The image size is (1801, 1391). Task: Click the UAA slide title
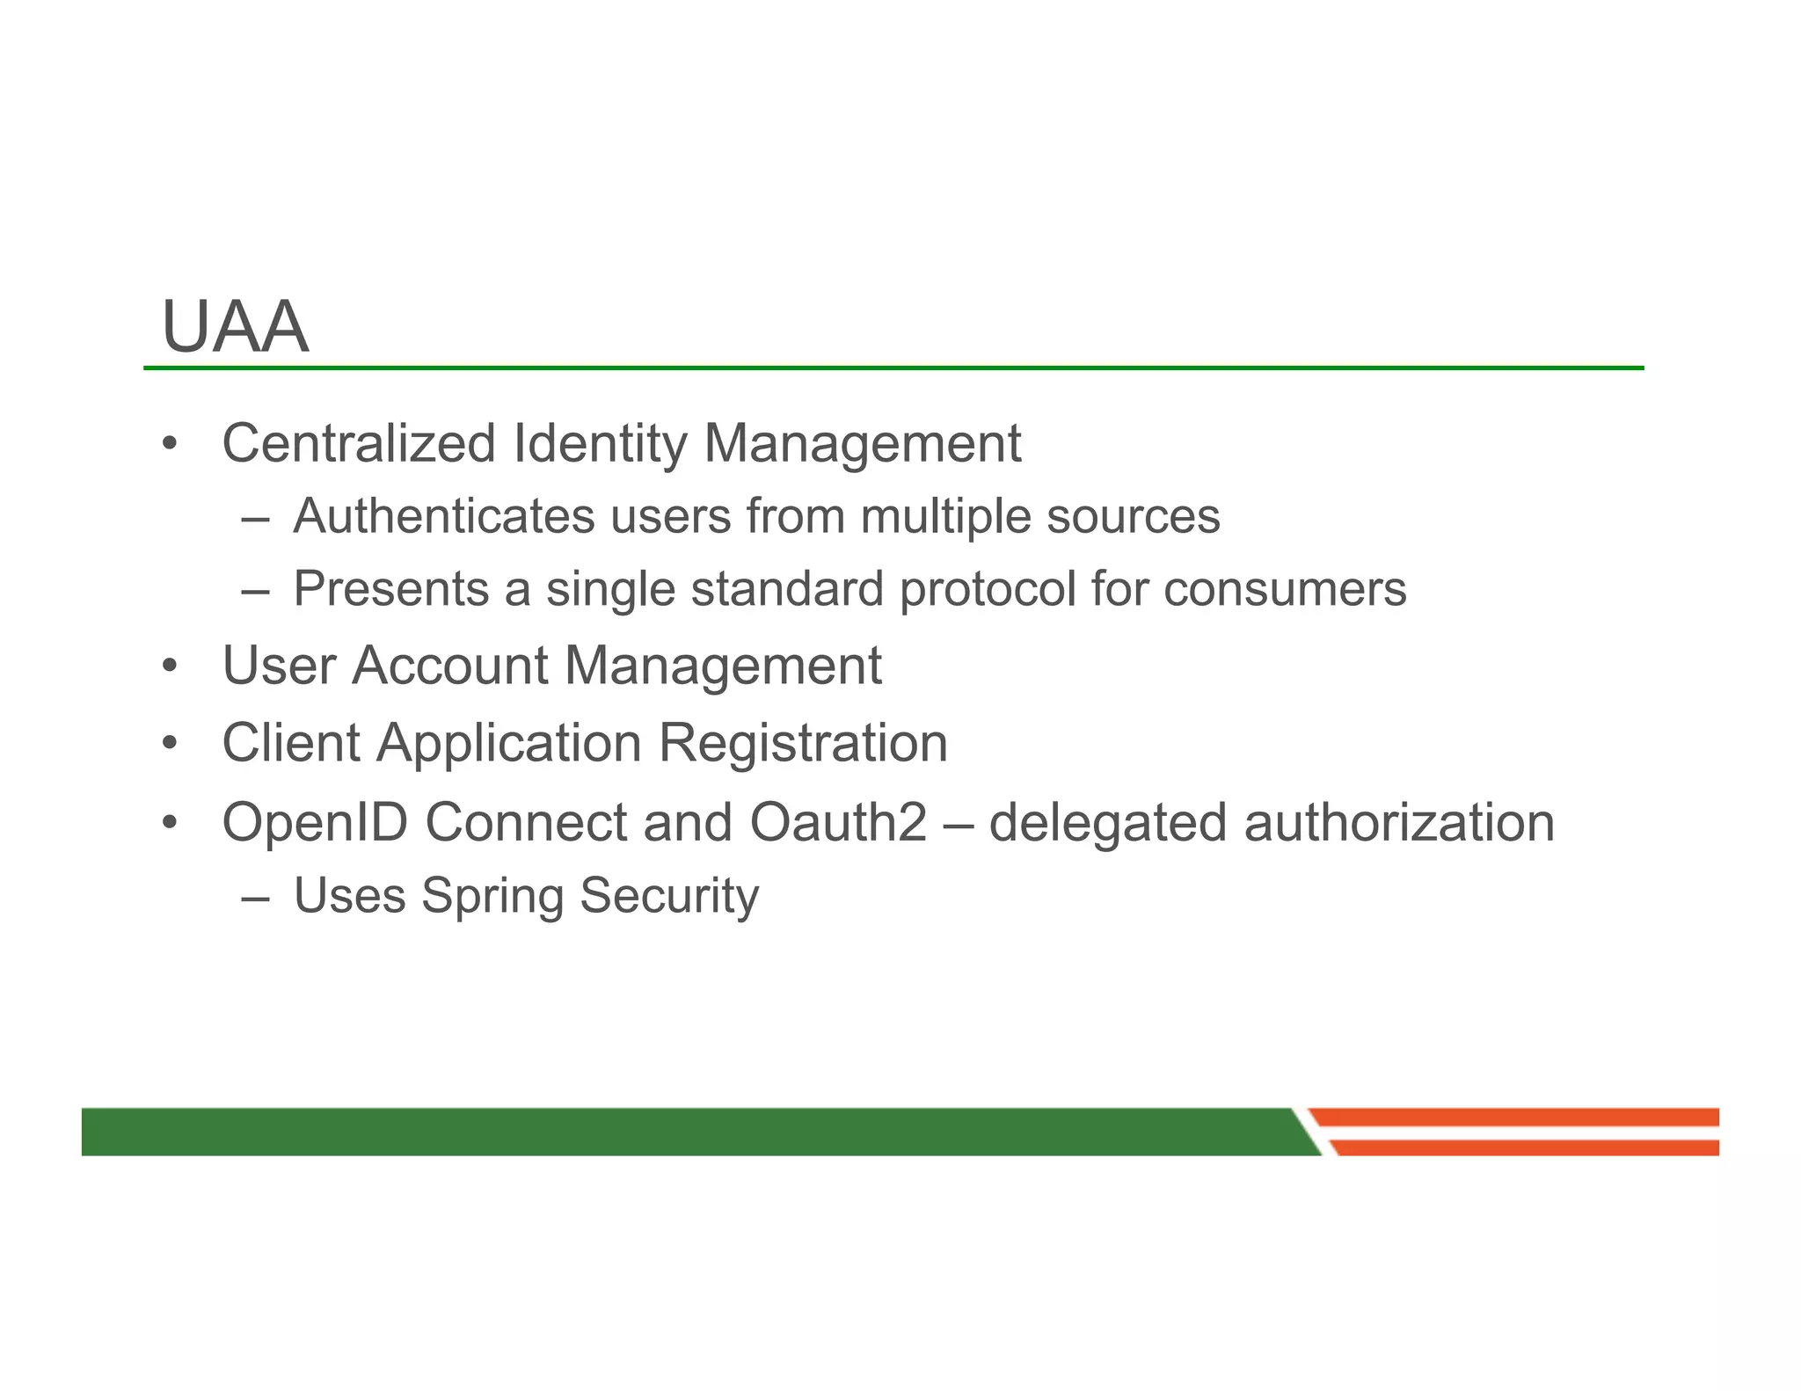coord(235,327)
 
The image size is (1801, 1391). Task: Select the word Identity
coord(599,444)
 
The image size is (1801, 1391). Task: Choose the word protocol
coord(988,590)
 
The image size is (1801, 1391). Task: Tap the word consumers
coord(1285,589)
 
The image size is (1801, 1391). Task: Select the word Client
coord(291,743)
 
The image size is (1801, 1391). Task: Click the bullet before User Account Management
coord(170,666)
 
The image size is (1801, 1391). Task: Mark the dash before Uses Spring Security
coord(254,898)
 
